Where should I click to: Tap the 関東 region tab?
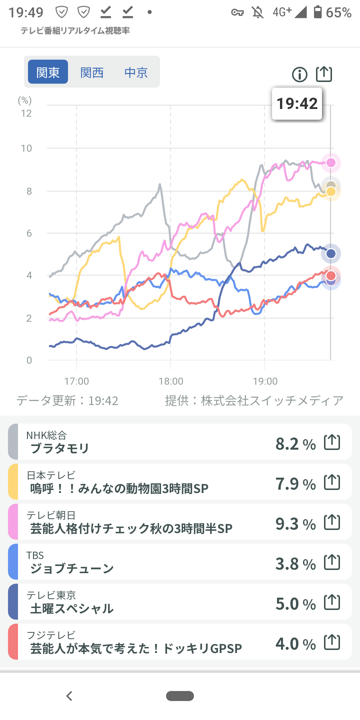tap(48, 72)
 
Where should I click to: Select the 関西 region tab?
tap(92, 72)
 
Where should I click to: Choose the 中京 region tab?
tap(136, 72)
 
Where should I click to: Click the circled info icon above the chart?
tap(300, 74)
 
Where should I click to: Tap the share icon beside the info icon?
tap(324, 74)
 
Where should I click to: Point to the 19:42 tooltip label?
tap(297, 104)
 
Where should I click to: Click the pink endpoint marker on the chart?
tap(331, 163)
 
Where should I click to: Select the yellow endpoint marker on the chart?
tap(331, 192)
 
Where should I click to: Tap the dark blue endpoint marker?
tap(331, 254)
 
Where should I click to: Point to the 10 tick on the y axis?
tap(27, 148)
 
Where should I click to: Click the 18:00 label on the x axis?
tap(171, 381)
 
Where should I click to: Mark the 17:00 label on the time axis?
tap(77, 381)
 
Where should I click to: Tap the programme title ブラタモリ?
tap(60, 448)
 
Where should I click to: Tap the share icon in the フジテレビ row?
tap(332, 642)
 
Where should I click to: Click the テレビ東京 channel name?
tap(51, 595)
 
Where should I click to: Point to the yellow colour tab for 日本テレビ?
tap(13, 482)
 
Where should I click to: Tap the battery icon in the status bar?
tap(318, 12)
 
